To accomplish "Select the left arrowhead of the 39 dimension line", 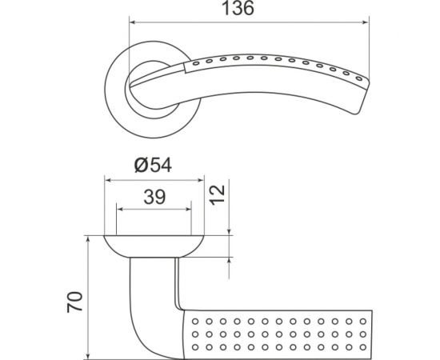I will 120,209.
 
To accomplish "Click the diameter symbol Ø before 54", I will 139,166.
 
